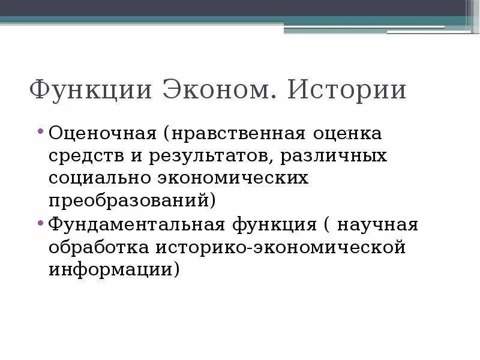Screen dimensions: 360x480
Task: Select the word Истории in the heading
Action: pyautogui.click(x=347, y=91)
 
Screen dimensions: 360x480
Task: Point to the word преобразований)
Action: pyautogui.click(x=131, y=200)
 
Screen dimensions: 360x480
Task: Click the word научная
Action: pyautogui.click(x=377, y=225)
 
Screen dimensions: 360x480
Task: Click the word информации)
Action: pyautogui.click(x=114, y=269)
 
